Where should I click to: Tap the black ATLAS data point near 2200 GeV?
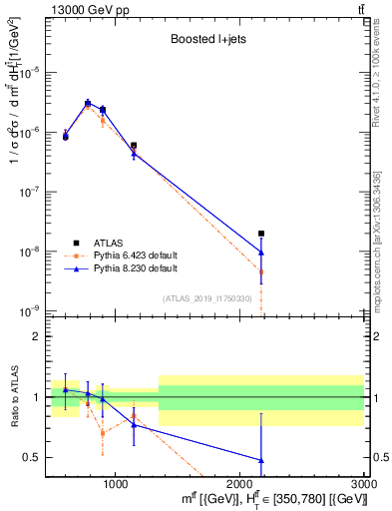pyautogui.click(x=261, y=234)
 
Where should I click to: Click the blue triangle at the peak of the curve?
pyautogui.click(x=88, y=103)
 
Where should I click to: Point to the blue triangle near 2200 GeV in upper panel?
pyautogui.click(x=261, y=253)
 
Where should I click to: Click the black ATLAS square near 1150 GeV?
pyautogui.click(x=134, y=146)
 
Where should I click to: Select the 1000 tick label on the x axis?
pyautogui.click(x=115, y=484)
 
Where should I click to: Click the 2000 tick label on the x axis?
pyautogui.click(x=239, y=484)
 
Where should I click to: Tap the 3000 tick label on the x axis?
pyautogui.click(x=363, y=484)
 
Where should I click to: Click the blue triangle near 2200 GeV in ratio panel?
pyautogui.click(x=261, y=460)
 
